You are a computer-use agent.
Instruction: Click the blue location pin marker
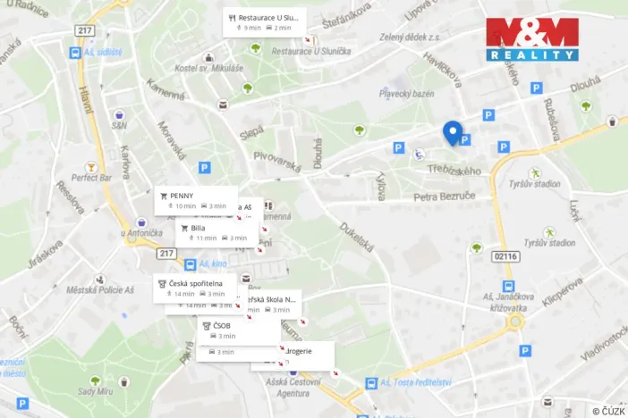pos(453,132)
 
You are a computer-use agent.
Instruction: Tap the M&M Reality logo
pos(532,38)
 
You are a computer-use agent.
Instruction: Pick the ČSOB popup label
pos(237,330)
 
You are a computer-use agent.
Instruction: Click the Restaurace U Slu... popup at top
pos(264,21)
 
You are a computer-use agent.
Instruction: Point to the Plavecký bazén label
pos(406,93)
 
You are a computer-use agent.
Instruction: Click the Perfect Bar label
pos(91,177)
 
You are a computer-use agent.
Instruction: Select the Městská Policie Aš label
pos(92,289)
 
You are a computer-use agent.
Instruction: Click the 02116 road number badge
pos(505,256)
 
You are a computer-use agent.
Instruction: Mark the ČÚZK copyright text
pos(608,410)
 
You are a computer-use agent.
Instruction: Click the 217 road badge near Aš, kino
pos(166,254)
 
